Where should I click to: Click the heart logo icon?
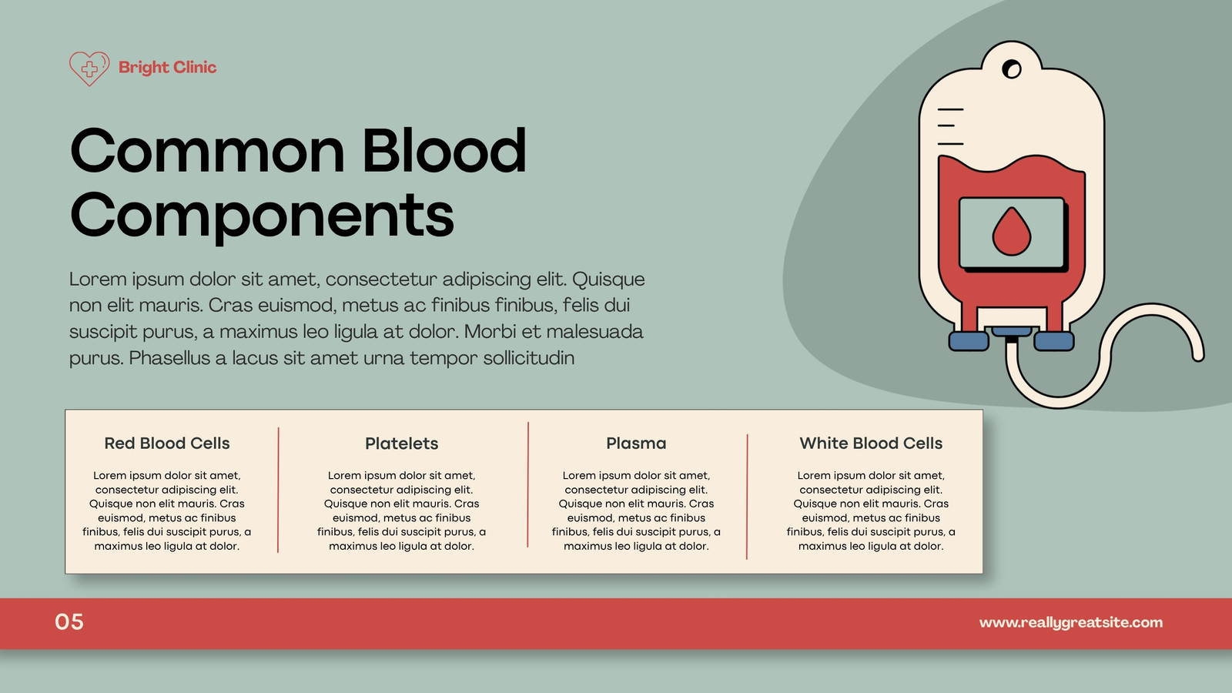click(x=89, y=69)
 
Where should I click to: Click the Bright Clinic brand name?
click(x=167, y=68)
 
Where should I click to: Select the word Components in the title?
click(x=262, y=215)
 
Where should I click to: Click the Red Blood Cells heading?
click(x=166, y=444)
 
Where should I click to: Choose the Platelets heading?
click(x=401, y=444)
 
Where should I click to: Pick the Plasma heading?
click(x=636, y=444)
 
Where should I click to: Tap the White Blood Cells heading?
click(x=871, y=444)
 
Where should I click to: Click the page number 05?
click(x=69, y=622)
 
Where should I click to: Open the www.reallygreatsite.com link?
click(x=1071, y=623)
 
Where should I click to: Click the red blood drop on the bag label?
click(x=1012, y=231)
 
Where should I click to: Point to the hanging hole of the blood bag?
click(x=1012, y=69)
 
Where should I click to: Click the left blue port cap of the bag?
click(x=969, y=341)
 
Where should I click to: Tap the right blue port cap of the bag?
click(x=1054, y=341)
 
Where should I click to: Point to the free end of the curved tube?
click(x=1198, y=357)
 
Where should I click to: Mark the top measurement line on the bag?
click(x=950, y=109)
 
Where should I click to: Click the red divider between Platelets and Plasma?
click(x=528, y=484)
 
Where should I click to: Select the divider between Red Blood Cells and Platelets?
click(x=278, y=490)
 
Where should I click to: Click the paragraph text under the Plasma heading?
click(x=636, y=511)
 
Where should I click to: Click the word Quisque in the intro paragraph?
click(x=608, y=280)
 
